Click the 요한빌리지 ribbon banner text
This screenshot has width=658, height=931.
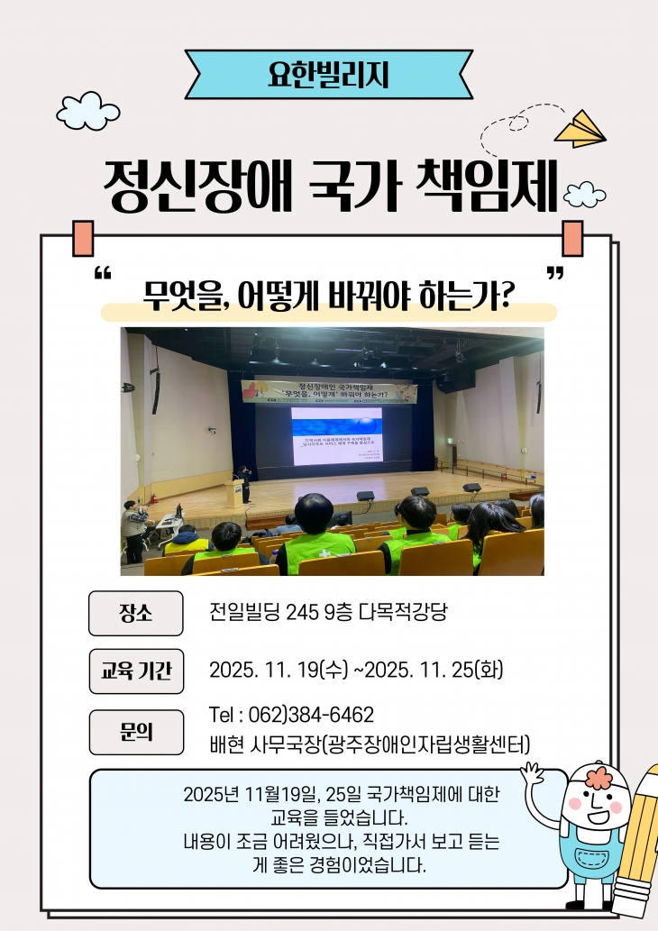[329, 74]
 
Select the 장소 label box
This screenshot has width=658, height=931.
[136, 614]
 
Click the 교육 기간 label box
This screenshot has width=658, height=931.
[136, 671]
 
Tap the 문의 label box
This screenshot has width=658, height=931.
[136, 732]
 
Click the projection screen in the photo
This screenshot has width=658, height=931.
[336, 435]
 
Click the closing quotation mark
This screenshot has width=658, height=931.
[555, 274]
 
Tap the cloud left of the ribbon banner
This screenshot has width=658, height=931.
[87, 110]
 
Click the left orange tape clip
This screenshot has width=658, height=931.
[83, 237]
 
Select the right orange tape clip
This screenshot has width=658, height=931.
[572, 237]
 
